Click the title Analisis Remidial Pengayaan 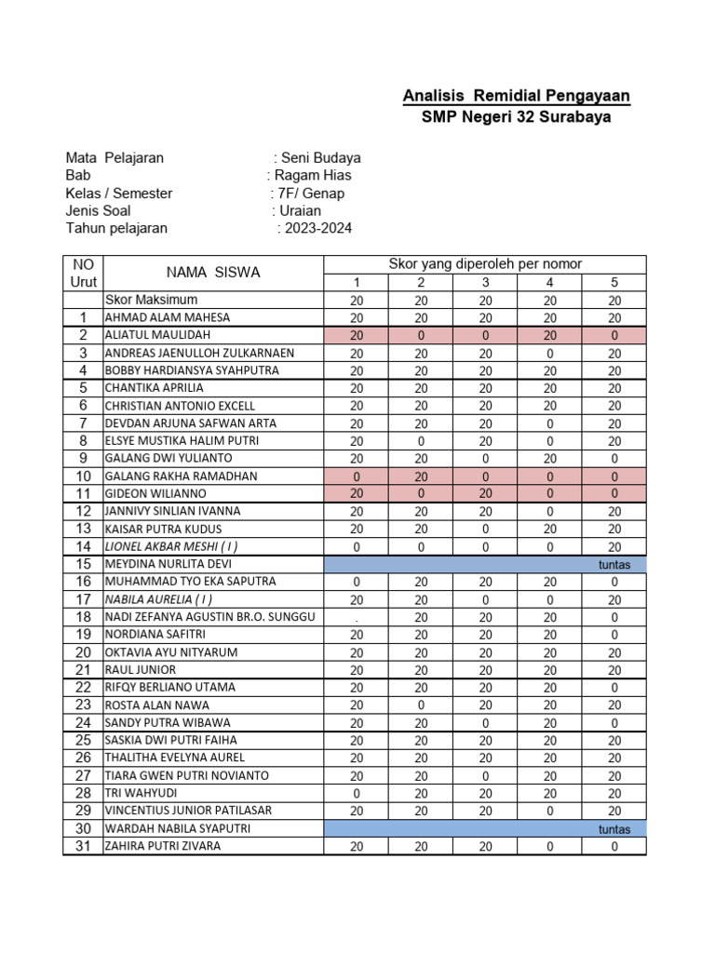(516, 96)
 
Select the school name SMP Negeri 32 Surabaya (516, 117)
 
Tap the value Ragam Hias (312, 176)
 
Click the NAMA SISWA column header (213, 273)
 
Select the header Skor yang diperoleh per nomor (484, 264)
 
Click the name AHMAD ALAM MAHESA (167, 317)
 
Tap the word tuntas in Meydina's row (614, 565)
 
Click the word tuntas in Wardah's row (614, 829)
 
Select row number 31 (83, 846)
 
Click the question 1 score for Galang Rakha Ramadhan (357, 476)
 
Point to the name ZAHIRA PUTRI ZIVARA (163, 846)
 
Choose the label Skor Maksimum (151, 300)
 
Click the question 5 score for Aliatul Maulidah (614, 335)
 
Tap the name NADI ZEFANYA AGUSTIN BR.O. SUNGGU (210, 617)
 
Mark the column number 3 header (485, 283)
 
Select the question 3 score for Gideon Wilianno (485, 494)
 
